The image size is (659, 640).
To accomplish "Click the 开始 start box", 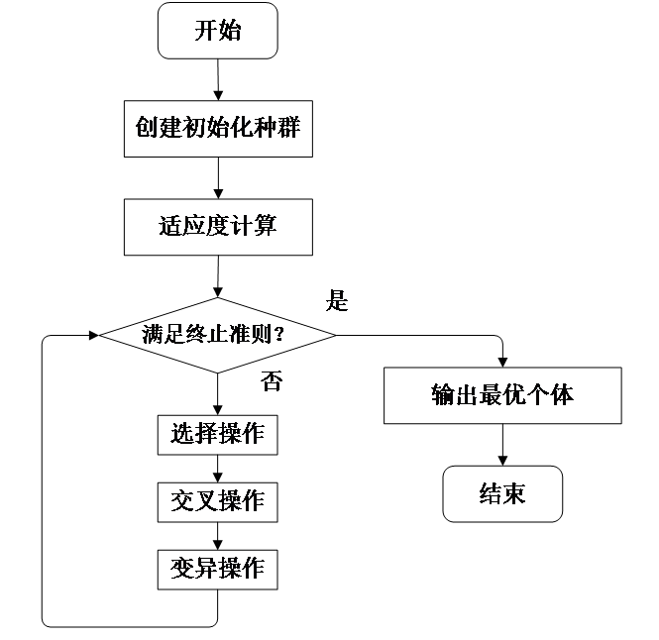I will click(x=218, y=31).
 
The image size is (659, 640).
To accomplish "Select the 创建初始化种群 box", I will click(x=218, y=128).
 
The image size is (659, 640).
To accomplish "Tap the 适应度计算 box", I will click(x=218, y=227).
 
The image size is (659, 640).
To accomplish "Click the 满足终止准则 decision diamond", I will click(x=218, y=335).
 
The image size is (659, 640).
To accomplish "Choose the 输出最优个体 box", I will click(x=502, y=395).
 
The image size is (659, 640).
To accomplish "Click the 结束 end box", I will click(x=502, y=494).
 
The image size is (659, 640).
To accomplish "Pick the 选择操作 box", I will click(x=217, y=435).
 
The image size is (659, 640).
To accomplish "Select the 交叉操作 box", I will click(x=217, y=501).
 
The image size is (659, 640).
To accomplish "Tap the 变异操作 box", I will click(x=217, y=569).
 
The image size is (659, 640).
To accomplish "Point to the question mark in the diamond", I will click(x=278, y=335).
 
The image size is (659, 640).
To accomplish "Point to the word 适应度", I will click(x=194, y=227).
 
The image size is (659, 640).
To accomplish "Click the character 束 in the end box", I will click(x=514, y=494).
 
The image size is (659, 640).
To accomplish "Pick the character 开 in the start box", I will click(x=205, y=31).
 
